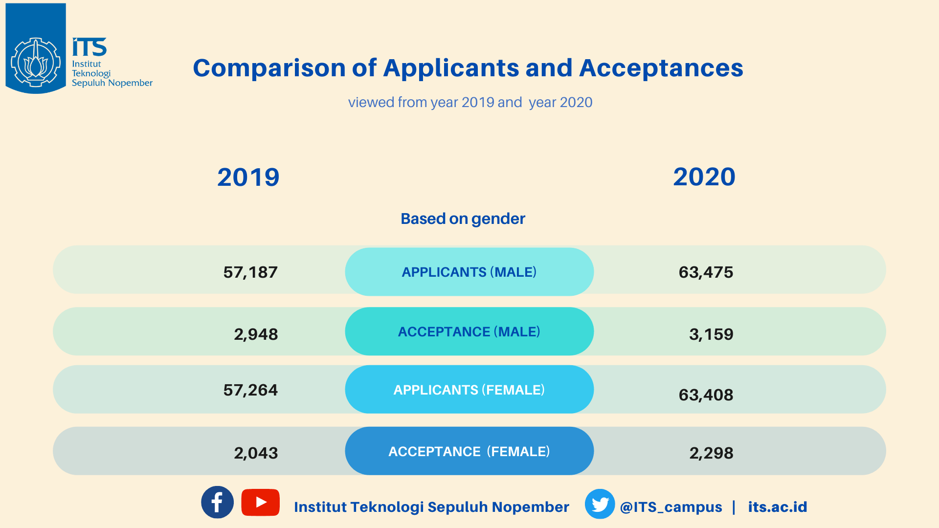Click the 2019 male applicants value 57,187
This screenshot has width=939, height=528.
250,272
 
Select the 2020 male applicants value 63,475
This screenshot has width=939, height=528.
706,272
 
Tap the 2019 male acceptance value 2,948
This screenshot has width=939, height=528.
256,334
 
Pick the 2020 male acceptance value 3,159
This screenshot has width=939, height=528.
711,334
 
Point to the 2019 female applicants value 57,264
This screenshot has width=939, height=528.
250,390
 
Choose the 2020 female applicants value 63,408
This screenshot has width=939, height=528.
706,395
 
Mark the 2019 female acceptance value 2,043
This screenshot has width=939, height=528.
256,453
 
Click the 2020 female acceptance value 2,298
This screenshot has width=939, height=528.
711,453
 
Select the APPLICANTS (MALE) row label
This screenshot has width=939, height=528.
469,272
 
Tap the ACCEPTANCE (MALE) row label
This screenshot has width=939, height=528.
469,331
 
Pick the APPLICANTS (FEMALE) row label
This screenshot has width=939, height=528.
469,390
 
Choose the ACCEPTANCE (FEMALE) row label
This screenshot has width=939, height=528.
469,451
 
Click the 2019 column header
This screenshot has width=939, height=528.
248,177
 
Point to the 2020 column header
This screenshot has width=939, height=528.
704,176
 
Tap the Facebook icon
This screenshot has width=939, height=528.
217,502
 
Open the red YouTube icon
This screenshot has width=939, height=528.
260,502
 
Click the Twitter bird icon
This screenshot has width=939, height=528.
600,504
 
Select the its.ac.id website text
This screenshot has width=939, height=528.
777,507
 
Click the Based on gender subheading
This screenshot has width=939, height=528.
463,219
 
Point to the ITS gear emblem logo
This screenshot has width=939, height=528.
36,63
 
